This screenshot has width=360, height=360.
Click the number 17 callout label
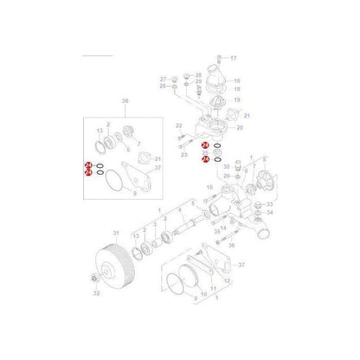233,58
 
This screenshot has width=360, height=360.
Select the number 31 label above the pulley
116,233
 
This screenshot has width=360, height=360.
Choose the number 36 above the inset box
124,102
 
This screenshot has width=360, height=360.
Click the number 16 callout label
238,80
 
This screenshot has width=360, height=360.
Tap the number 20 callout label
239,127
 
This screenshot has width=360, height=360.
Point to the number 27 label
162,80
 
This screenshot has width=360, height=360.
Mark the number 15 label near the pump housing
209,186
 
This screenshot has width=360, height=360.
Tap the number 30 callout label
225,166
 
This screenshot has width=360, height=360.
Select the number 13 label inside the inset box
100,130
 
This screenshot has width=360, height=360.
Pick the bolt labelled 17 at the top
222,60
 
